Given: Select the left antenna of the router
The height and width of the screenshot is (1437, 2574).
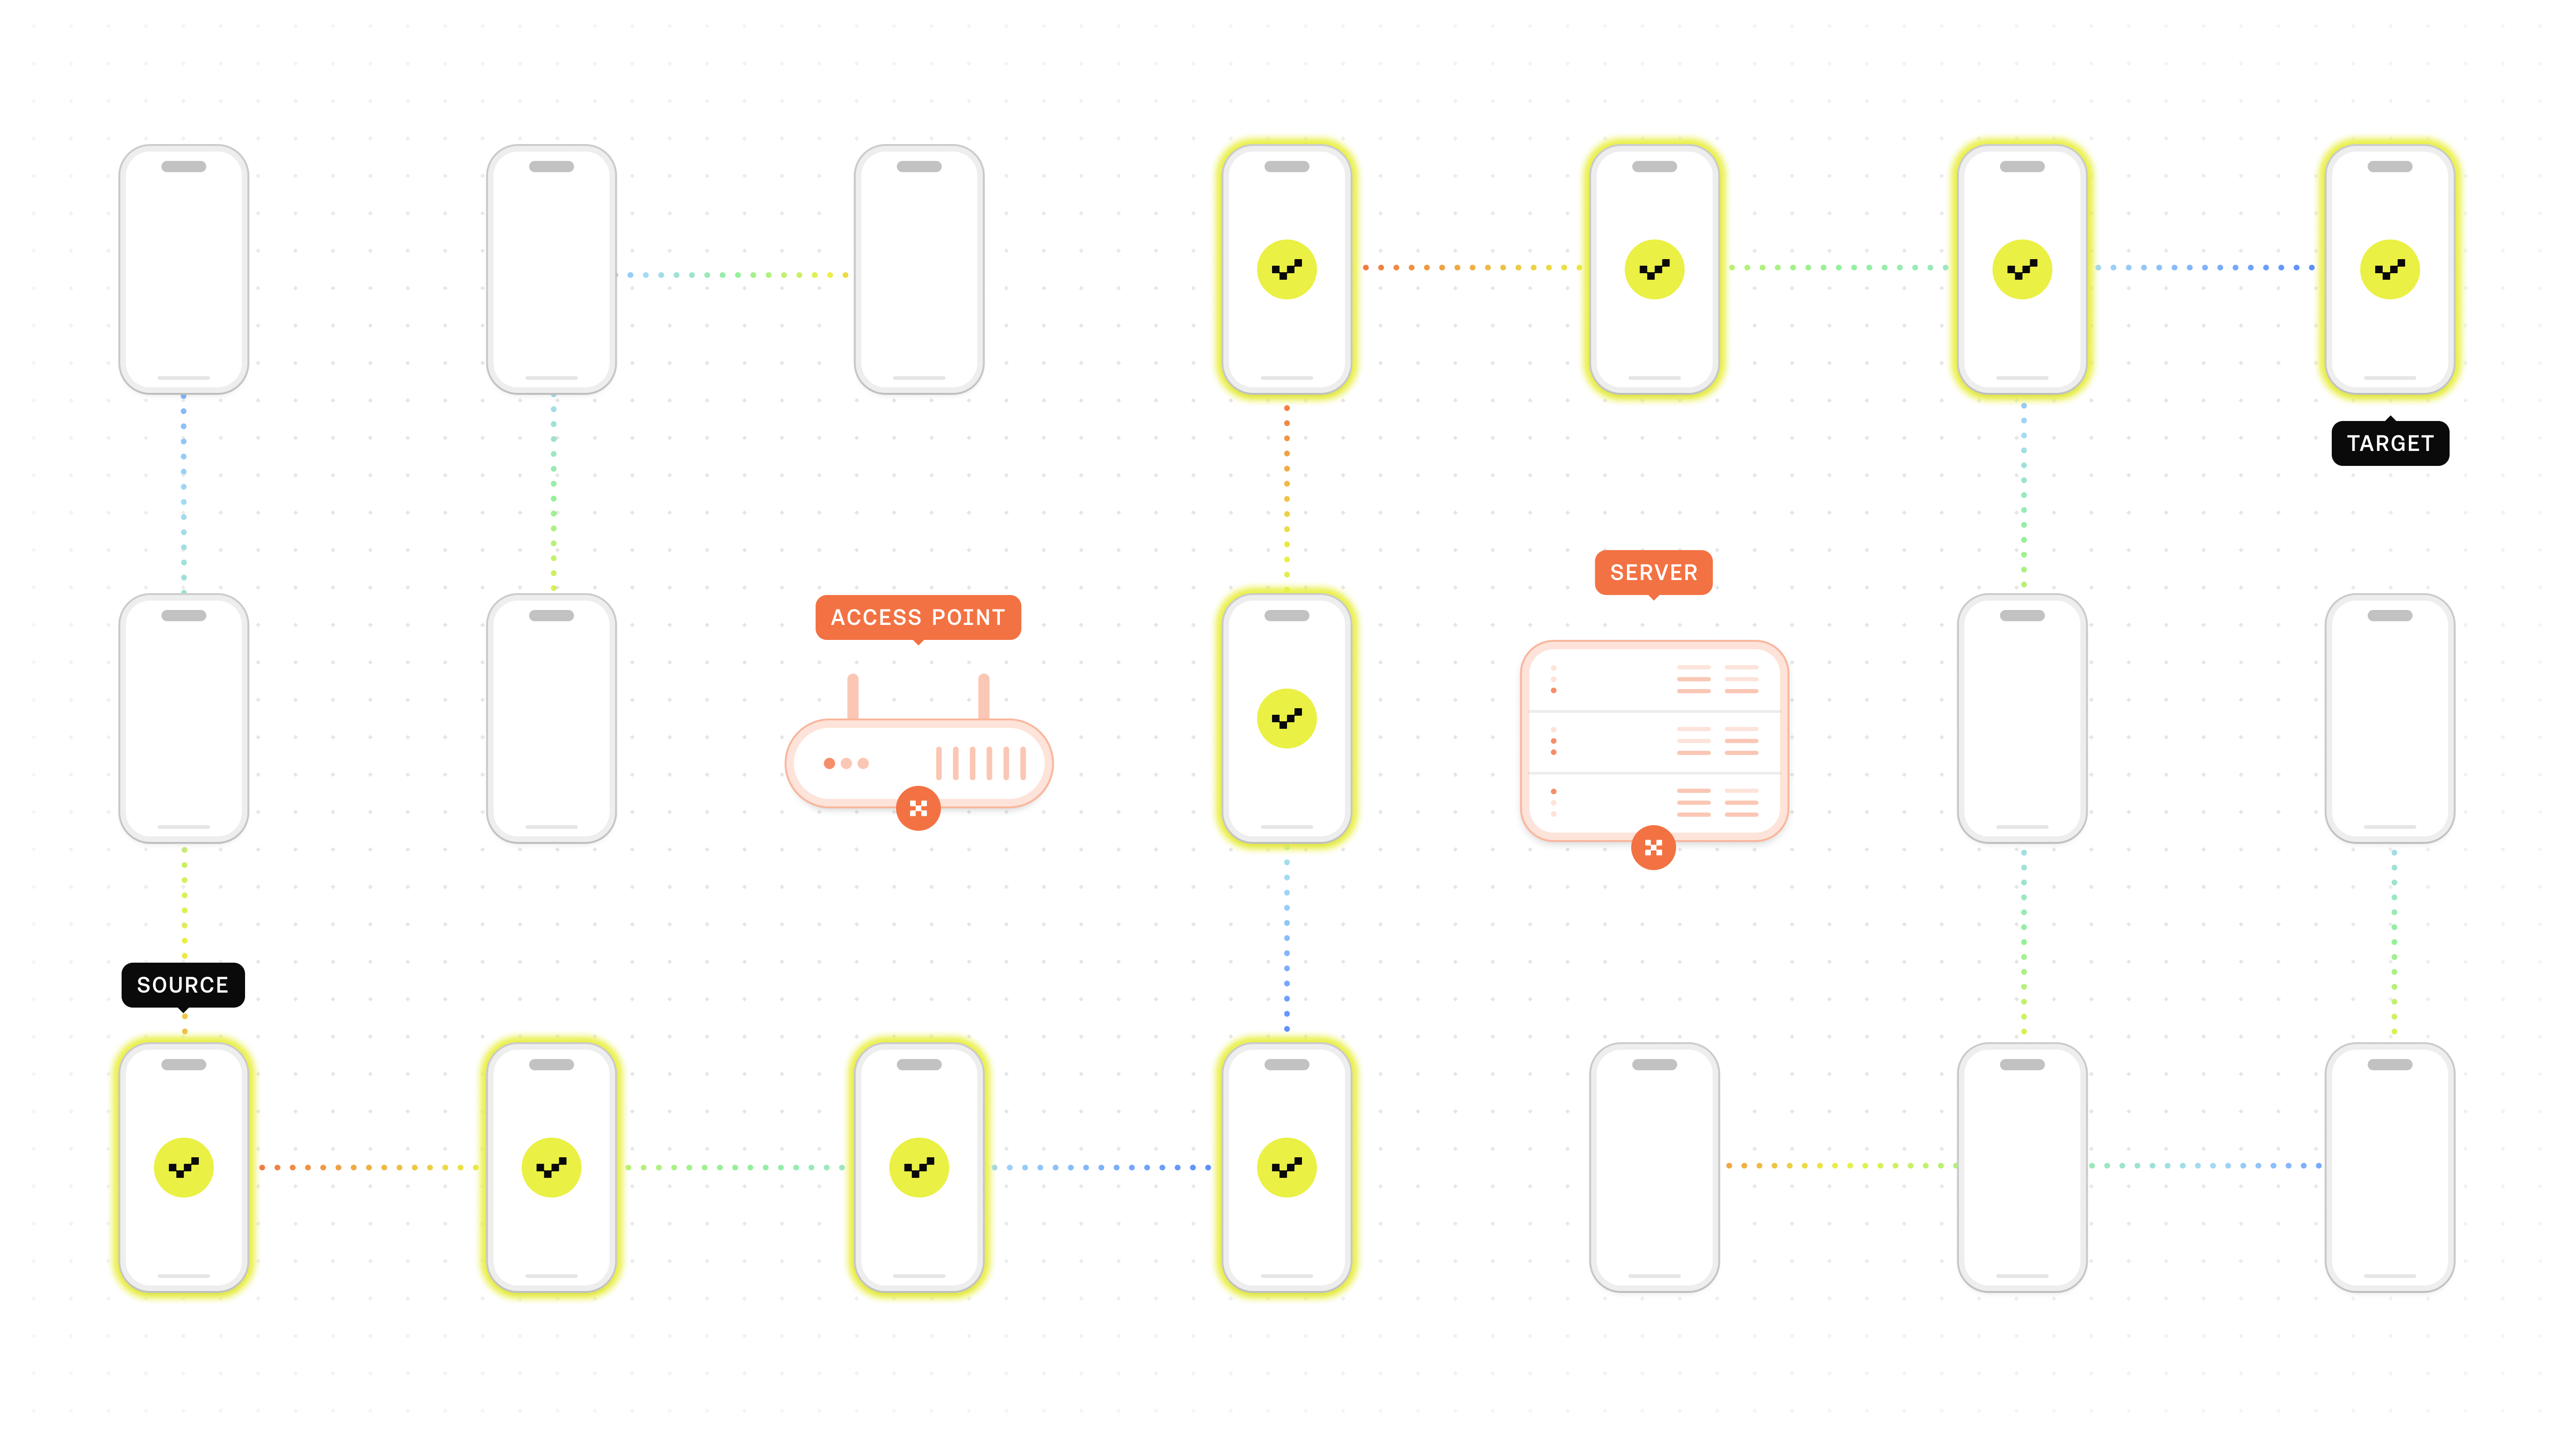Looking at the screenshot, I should click(x=853, y=697).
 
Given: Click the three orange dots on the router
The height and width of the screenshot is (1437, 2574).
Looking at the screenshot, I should click(x=846, y=763).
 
